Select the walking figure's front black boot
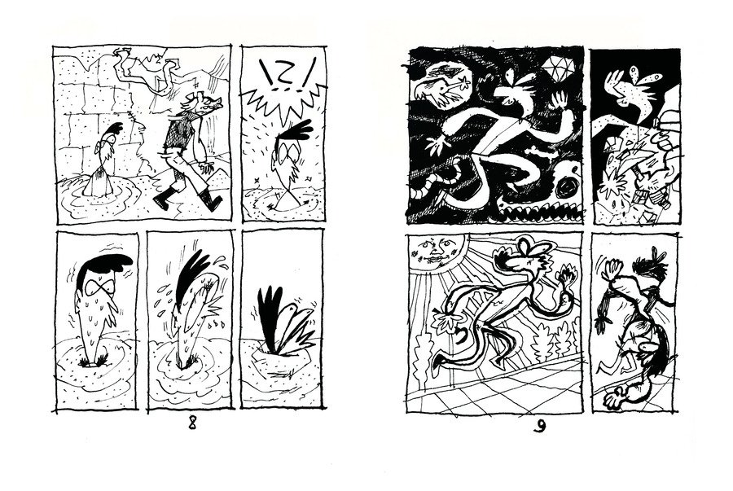(x=163, y=199)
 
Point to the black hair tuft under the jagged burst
(x=296, y=132)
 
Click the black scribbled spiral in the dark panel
(x=568, y=188)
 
